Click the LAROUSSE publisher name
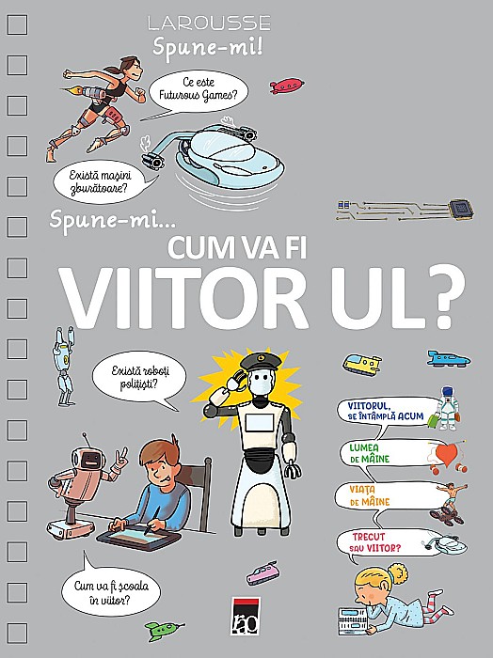[209, 23]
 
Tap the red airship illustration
[287, 86]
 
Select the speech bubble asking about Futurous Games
[198, 90]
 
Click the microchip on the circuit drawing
[462, 208]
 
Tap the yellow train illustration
[362, 364]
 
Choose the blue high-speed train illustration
[449, 359]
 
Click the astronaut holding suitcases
[446, 408]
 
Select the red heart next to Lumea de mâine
[447, 455]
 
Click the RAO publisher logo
[246, 615]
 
